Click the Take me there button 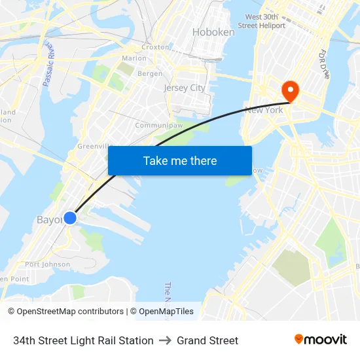(180, 160)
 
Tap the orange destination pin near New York (288, 90)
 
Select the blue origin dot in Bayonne (70, 217)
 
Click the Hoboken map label (213, 32)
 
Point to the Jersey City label (184, 88)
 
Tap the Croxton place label (156, 47)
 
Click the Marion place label (134, 58)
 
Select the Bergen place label (150, 74)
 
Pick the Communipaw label (153, 125)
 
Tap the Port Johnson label (47, 264)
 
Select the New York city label (264, 110)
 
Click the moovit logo (321, 340)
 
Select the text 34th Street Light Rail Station (83, 340)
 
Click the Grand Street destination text (207, 340)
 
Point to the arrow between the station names (165, 340)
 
